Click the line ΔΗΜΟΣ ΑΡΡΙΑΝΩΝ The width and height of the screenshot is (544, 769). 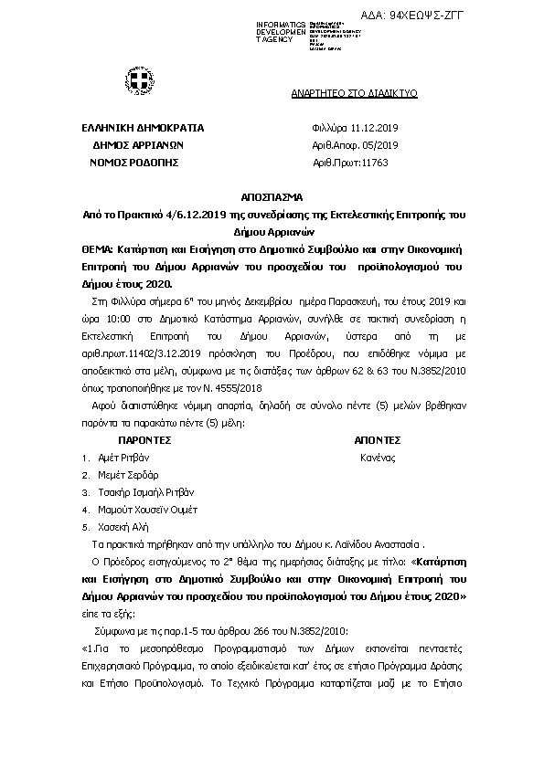pyautogui.click(x=139, y=144)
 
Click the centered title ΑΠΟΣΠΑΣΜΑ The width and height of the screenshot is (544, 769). pyautogui.click(x=271, y=197)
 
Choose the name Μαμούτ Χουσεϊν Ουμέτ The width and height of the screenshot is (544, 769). pyautogui.click(x=147, y=510)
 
